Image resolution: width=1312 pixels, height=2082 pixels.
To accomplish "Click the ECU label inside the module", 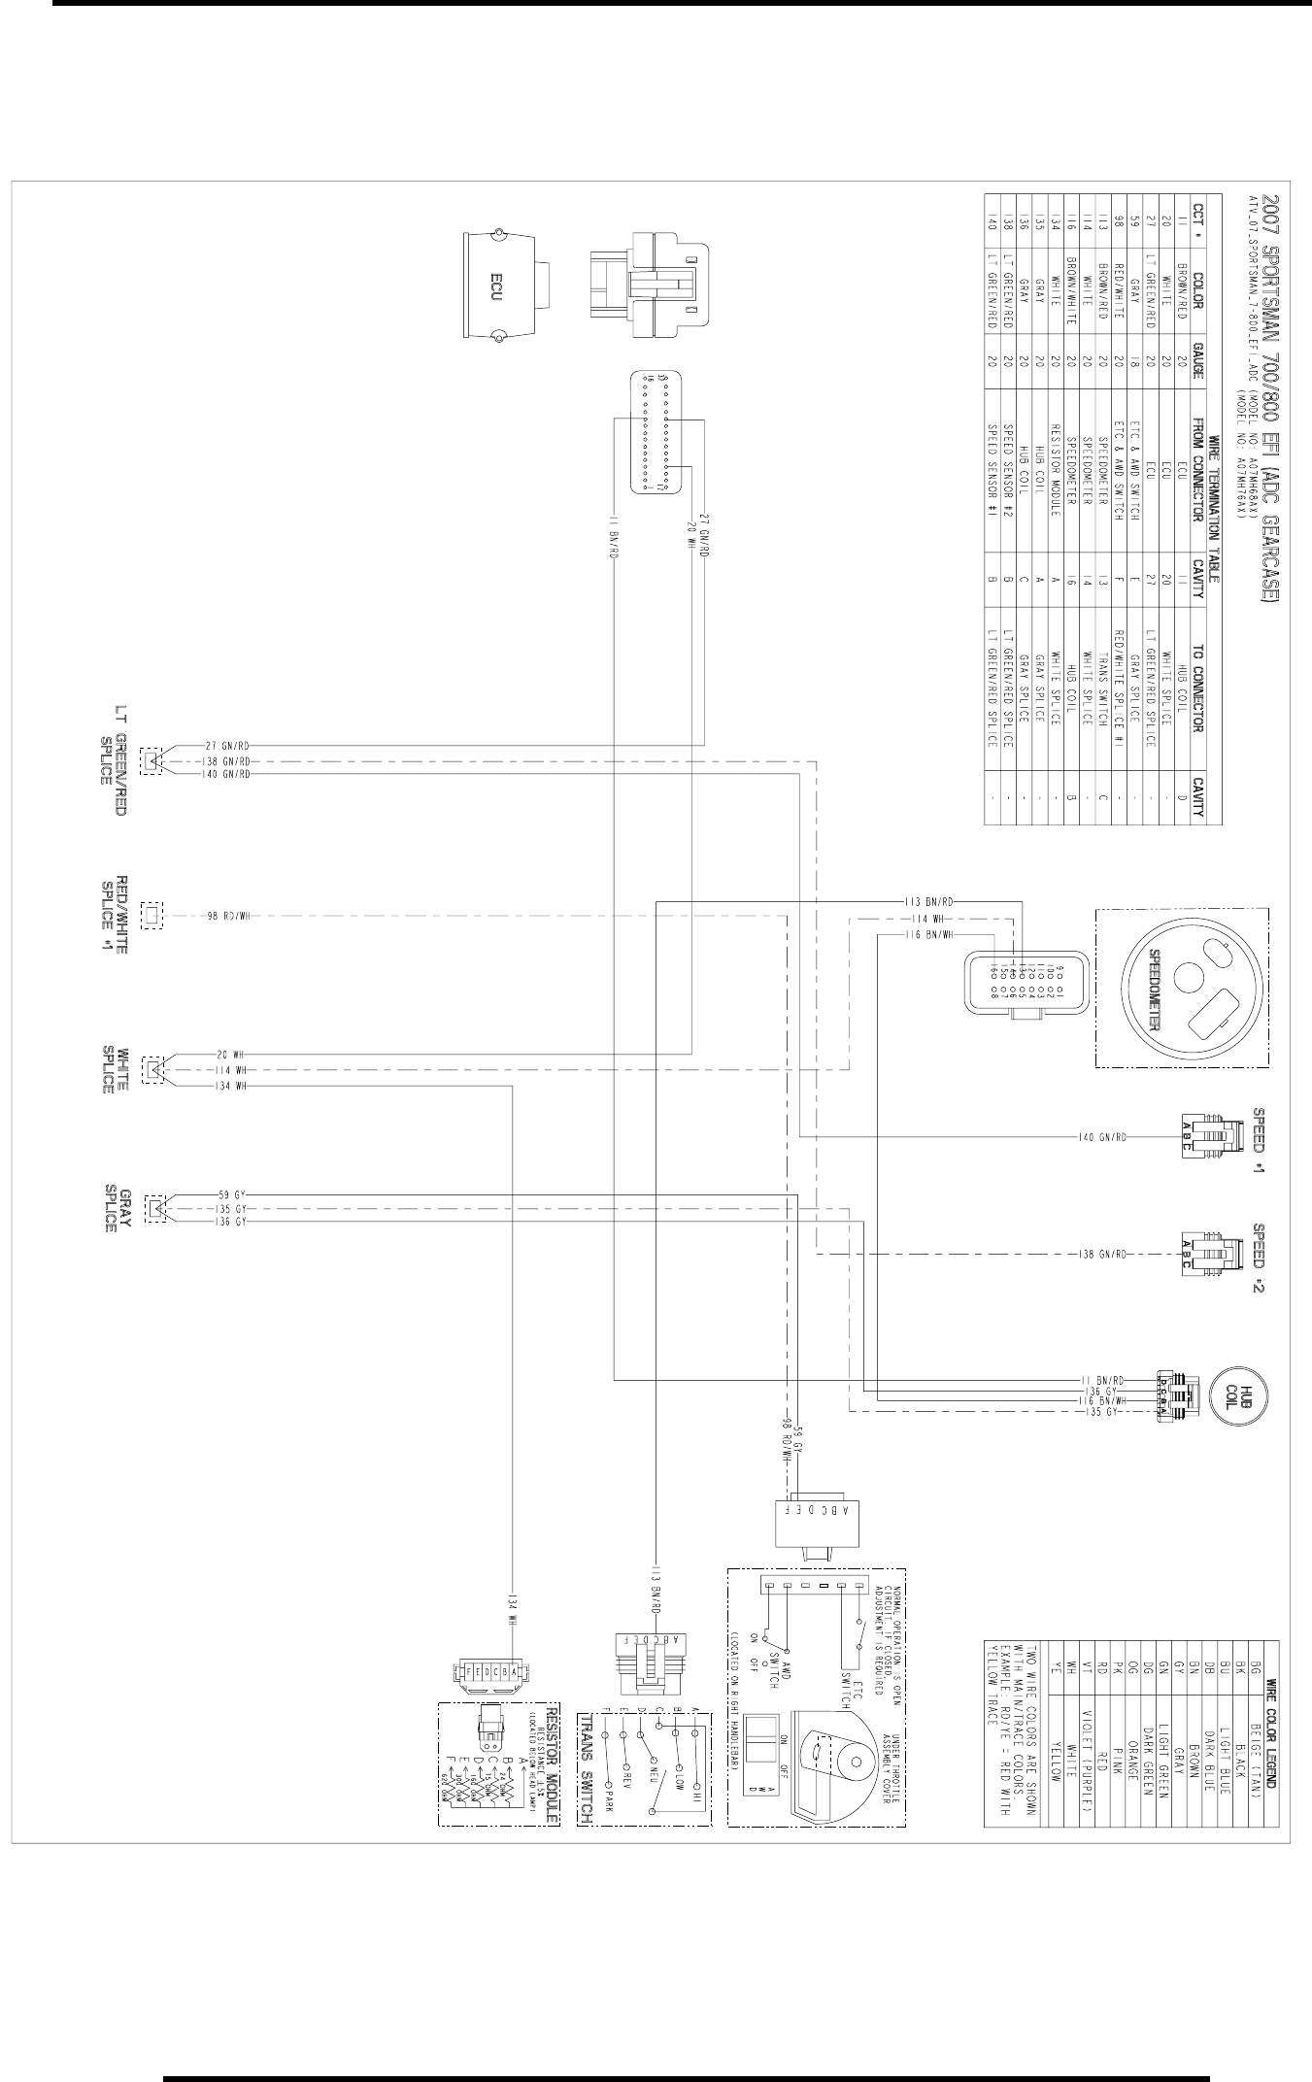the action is click(493, 287).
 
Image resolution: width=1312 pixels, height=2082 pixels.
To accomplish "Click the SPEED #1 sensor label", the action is click(1259, 1139).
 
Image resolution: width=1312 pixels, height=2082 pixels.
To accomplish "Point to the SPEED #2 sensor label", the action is click(1259, 1258).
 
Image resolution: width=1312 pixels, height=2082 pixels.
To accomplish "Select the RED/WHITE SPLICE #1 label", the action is click(115, 916).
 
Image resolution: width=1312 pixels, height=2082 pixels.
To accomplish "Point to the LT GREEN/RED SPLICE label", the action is click(115, 760).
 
